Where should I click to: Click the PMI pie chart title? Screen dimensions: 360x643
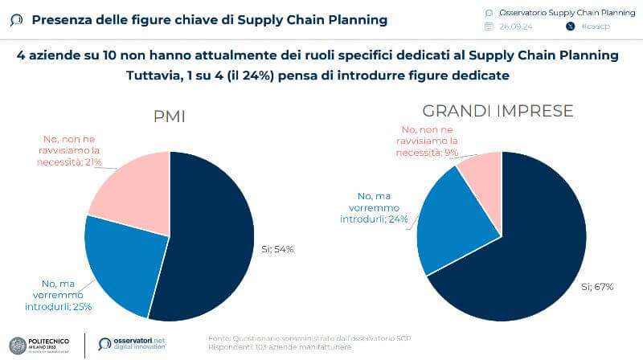[170, 116]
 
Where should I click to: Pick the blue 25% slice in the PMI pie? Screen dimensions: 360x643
[121, 257]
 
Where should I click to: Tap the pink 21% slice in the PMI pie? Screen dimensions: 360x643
[133, 185]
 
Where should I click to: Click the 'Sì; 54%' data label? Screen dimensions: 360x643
[278, 249]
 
